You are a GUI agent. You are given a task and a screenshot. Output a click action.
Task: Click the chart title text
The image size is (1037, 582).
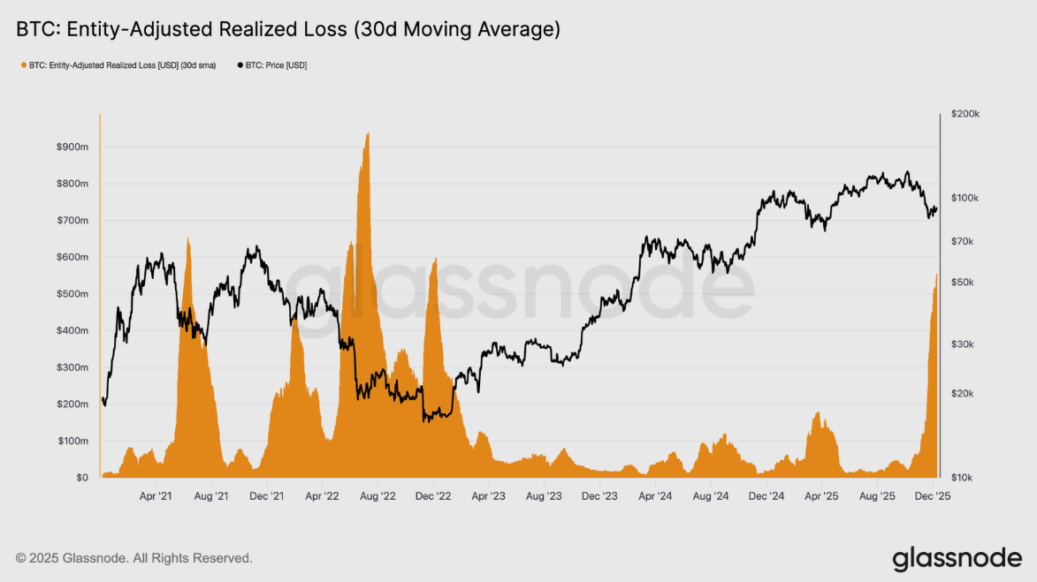point(288,29)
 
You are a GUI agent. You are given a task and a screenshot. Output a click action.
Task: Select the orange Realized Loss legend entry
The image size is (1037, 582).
point(120,65)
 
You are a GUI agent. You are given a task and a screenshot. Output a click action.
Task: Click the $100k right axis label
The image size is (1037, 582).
point(964,198)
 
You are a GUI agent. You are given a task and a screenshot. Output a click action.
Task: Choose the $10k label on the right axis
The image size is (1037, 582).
point(962,478)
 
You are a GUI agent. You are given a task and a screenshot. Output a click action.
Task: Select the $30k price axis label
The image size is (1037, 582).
point(962,344)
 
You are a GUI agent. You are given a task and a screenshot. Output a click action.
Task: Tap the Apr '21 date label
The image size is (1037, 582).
point(156,496)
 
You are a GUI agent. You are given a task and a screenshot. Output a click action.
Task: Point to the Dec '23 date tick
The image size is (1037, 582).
point(599,496)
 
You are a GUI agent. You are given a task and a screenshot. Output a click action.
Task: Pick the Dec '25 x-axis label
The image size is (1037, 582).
point(932,496)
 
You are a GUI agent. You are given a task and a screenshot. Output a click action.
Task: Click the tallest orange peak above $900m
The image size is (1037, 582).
point(367,134)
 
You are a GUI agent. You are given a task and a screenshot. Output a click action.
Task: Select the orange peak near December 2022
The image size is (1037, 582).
point(435,260)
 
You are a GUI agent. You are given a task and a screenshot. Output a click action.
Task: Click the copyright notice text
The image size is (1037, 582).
point(134,558)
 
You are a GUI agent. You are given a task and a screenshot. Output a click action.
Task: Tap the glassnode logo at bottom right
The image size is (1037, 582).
point(957,559)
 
